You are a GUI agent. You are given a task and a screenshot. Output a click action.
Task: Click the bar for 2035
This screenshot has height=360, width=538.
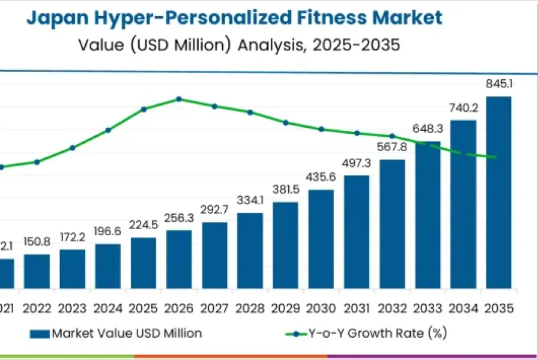498,192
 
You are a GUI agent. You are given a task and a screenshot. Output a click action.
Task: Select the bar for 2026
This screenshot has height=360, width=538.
179,259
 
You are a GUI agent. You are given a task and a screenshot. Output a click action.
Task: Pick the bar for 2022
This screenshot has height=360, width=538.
37,271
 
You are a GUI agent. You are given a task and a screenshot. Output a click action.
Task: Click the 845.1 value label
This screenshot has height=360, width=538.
498,85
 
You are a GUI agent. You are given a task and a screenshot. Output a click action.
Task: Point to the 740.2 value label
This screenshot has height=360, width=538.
463,108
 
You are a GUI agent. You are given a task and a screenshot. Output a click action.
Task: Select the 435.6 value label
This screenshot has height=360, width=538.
321,178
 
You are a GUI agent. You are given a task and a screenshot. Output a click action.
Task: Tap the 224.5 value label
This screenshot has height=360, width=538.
144,226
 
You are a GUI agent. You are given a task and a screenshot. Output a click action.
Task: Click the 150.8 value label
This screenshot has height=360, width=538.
37,242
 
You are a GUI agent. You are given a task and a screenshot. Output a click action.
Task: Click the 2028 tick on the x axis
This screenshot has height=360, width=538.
250,309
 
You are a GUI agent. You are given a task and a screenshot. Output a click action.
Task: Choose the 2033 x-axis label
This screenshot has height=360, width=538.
428,309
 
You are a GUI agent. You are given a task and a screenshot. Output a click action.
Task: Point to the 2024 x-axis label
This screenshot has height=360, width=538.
108,309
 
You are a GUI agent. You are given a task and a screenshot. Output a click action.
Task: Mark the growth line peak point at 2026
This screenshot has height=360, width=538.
179,98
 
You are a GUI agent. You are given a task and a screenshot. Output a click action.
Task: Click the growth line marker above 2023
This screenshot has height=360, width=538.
73,148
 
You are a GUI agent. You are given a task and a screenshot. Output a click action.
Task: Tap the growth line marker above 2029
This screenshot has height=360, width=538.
286,122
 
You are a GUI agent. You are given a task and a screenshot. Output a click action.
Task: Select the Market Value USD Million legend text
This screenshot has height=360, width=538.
127,333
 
